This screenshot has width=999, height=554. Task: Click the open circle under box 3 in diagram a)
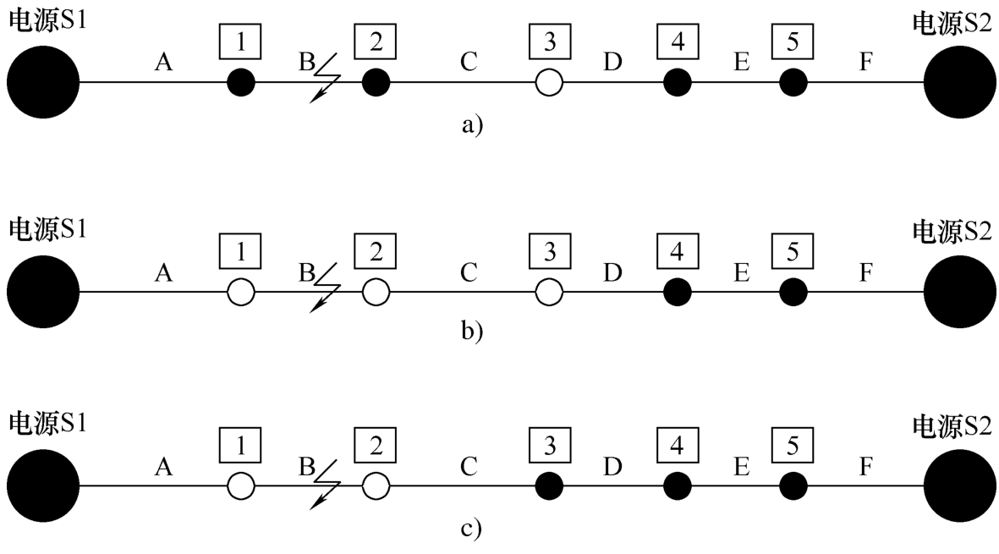(549, 82)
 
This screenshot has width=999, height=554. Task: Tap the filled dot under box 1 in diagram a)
(241, 82)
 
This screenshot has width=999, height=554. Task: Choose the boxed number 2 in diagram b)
(376, 250)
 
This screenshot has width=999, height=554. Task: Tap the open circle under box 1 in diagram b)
(241, 292)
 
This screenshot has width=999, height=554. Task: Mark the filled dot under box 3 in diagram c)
(549, 485)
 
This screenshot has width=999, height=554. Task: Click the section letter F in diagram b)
(865, 272)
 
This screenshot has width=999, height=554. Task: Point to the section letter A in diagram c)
(165, 464)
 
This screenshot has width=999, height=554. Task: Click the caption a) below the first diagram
(471, 124)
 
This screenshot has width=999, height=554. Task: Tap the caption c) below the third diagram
(471, 529)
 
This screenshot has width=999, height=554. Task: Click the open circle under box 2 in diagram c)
(376, 485)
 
